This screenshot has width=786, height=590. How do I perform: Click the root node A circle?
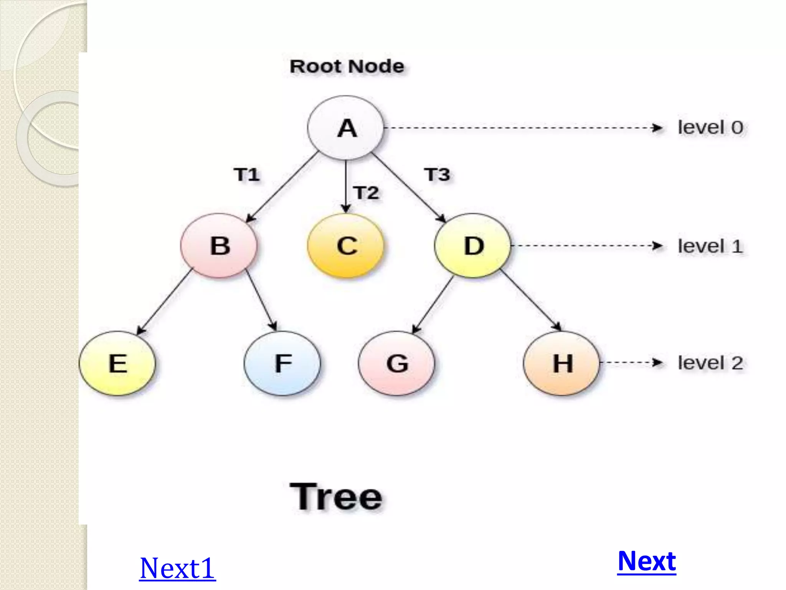click(x=346, y=128)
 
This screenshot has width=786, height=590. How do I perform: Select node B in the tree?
click(x=219, y=245)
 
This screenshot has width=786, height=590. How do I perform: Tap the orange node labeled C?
click(x=346, y=245)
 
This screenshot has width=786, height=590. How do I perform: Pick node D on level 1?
click(x=473, y=245)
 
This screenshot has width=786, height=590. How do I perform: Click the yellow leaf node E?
click(x=117, y=363)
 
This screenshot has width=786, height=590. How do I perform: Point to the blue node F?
click(x=282, y=363)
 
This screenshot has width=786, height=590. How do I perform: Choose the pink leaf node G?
click(x=397, y=363)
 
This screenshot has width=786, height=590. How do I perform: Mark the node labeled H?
click(x=562, y=363)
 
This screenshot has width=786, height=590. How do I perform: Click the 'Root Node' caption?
click(x=347, y=66)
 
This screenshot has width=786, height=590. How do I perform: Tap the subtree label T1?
click(x=247, y=175)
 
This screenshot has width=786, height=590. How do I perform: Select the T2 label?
click(x=367, y=193)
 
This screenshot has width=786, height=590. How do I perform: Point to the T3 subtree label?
click(x=437, y=175)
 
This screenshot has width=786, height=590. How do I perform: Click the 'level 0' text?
click(x=710, y=128)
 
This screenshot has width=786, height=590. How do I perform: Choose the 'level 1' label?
click(x=710, y=246)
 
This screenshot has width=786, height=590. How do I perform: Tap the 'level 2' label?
click(x=710, y=363)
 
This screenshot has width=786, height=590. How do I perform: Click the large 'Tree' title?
click(x=336, y=497)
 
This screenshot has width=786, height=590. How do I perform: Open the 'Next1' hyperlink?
click(x=177, y=568)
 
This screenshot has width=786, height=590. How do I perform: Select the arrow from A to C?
click(x=346, y=187)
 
